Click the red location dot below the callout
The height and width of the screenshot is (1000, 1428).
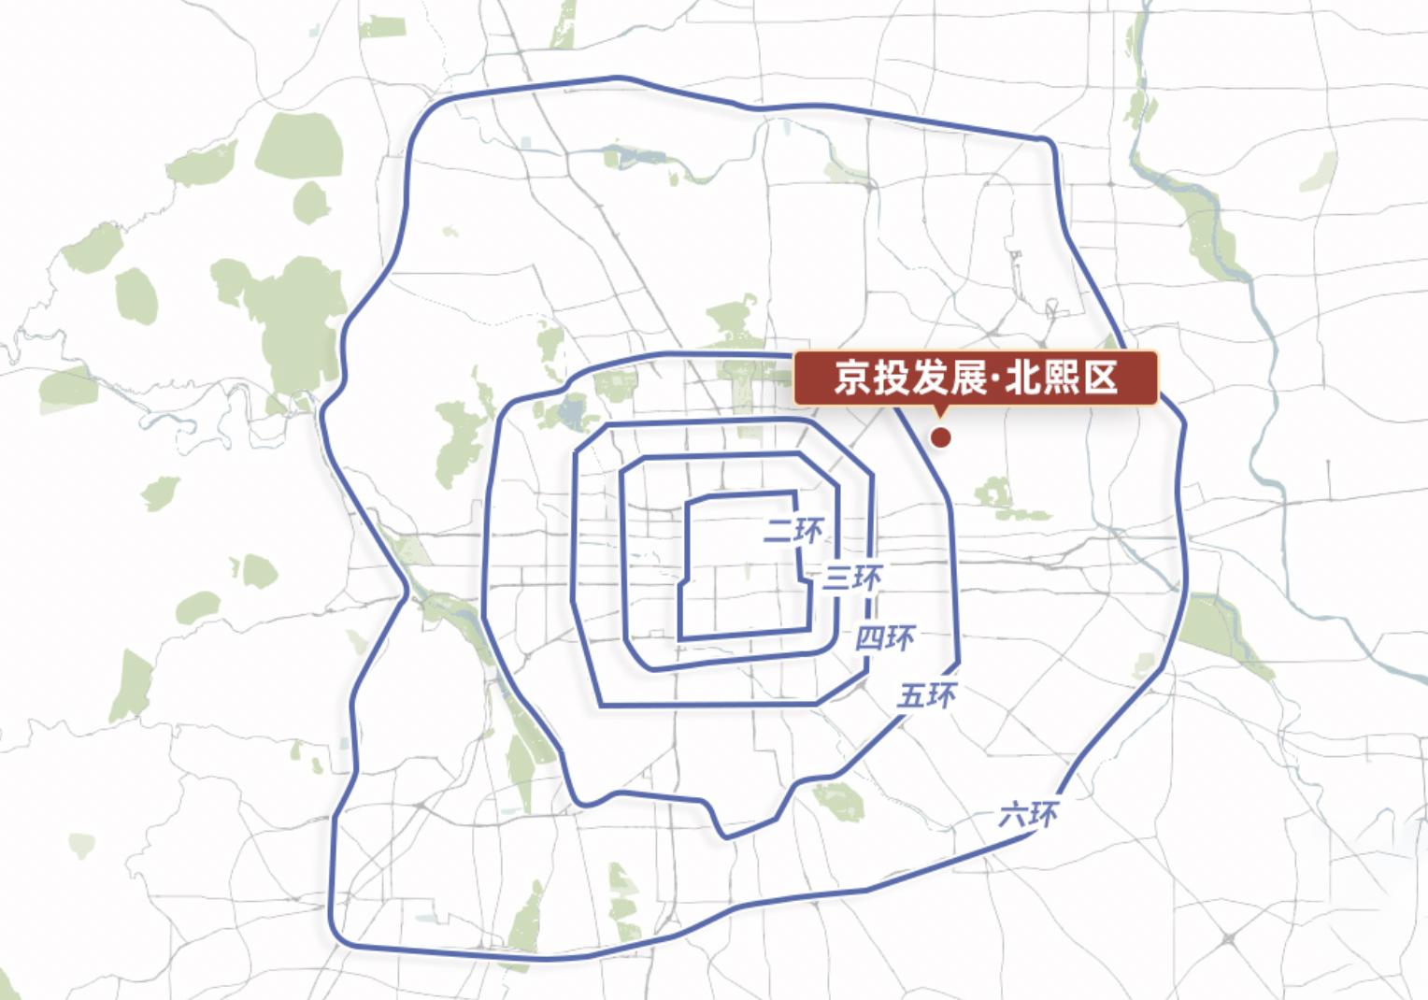[942, 436]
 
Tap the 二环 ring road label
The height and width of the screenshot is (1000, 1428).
[793, 531]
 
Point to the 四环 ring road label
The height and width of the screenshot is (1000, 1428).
[885, 638]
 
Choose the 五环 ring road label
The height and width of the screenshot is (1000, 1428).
[927, 695]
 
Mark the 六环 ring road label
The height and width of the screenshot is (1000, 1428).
[1029, 815]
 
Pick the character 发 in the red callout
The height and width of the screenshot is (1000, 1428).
[931, 379]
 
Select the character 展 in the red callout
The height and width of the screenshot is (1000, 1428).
[969, 379]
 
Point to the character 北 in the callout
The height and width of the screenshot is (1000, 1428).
[1021, 379]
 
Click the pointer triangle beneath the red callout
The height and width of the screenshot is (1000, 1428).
[940, 412]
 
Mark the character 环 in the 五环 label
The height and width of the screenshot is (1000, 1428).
[942, 695]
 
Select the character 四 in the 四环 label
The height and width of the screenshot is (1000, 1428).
[870, 638]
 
